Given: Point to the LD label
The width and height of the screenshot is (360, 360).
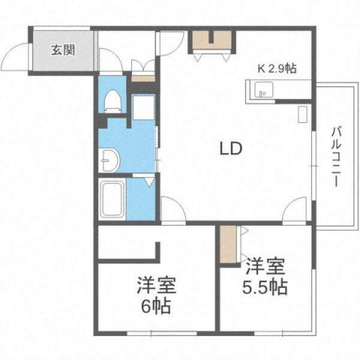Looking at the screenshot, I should [x=229, y=148].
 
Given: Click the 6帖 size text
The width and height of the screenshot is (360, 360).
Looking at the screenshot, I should [x=157, y=306].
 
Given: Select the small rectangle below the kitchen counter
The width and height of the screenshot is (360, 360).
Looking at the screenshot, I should [x=303, y=115].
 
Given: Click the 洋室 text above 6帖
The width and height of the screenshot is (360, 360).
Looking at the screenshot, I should [x=156, y=286].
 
